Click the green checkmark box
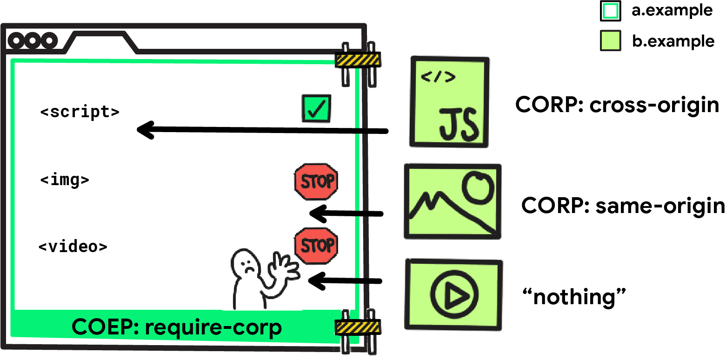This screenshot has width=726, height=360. pyautogui.click(x=316, y=108)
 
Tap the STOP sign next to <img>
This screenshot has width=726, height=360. pyautogui.click(x=316, y=182)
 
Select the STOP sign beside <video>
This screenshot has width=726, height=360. pyautogui.click(x=316, y=246)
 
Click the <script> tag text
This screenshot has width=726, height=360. pyautogui.click(x=80, y=112)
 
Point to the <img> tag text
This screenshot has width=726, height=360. pyautogui.click(x=65, y=180)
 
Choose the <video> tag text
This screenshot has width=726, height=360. pyautogui.click(x=73, y=246)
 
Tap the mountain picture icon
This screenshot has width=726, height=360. pyautogui.click(x=452, y=201)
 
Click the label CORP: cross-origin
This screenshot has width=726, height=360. pyautogui.click(x=617, y=105)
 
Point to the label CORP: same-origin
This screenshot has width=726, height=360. pyautogui.click(x=623, y=205)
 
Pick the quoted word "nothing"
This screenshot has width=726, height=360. pyautogui.click(x=575, y=296)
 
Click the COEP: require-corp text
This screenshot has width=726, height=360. pyautogui.click(x=177, y=327)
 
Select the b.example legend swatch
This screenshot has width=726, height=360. pyautogui.click(x=610, y=41)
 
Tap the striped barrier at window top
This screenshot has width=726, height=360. pyautogui.click(x=358, y=60)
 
